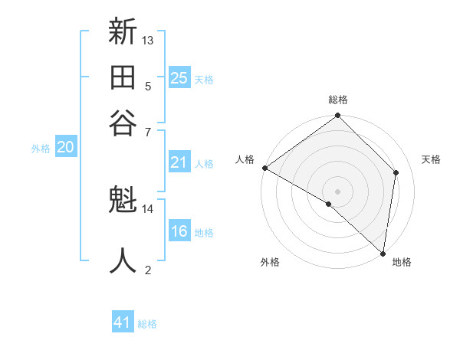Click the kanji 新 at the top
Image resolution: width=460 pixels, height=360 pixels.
pyautogui.click(x=123, y=33)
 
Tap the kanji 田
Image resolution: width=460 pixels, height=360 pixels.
pyautogui.click(x=123, y=77)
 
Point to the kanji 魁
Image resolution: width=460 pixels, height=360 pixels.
pyautogui.click(x=123, y=201)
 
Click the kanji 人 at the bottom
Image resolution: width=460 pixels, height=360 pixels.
pyautogui.click(x=123, y=260)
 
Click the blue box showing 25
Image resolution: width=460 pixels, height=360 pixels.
pyautogui.click(x=179, y=78)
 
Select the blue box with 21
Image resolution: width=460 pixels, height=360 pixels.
pyautogui.click(x=179, y=162)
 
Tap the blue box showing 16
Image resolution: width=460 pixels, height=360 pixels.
pyautogui.click(x=179, y=231)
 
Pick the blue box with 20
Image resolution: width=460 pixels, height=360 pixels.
pyautogui.click(x=65, y=148)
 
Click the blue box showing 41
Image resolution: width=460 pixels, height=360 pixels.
pyautogui.click(x=123, y=322)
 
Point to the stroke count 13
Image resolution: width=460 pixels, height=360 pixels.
pyautogui.click(x=149, y=40)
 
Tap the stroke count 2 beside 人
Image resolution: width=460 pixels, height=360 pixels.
pyautogui.click(x=148, y=269)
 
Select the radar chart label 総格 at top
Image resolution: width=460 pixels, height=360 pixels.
pyautogui.click(x=338, y=100)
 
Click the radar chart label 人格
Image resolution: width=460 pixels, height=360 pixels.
pyautogui.click(x=245, y=159)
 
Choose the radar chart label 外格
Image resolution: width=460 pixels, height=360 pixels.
pyautogui.click(x=270, y=263)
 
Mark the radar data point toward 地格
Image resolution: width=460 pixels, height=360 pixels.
pyautogui.click(x=383, y=253)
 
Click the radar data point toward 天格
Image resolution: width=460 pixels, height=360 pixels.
pyautogui.click(x=396, y=172)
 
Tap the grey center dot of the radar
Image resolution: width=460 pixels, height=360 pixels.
pyautogui.click(x=337, y=191)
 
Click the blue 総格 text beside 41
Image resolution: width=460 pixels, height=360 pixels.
pyautogui.click(x=148, y=324)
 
